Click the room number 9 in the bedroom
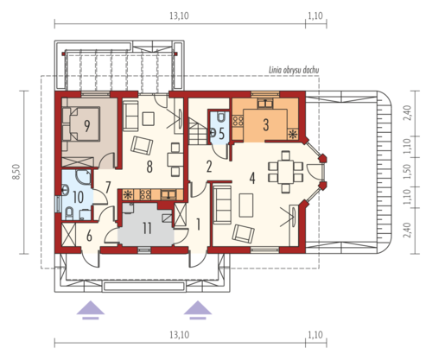click(x=86, y=125)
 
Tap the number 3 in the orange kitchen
click(x=266, y=124)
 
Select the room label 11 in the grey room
click(x=147, y=228)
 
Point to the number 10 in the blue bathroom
click(x=79, y=198)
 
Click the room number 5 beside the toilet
click(x=221, y=134)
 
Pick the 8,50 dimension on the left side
click(x=17, y=172)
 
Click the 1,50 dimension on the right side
click(x=407, y=172)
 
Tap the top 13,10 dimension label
click(x=179, y=16)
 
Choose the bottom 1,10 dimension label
click(x=315, y=335)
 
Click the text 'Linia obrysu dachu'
click(x=294, y=70)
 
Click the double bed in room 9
click(x=81, y=124)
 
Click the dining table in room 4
click(x=285, y=172)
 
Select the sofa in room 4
click(x=222, y=204)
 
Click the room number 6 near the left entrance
click(x=89, y=237)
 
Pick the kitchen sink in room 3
click(x=265, y=103)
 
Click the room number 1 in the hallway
click(x=198, y=224)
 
